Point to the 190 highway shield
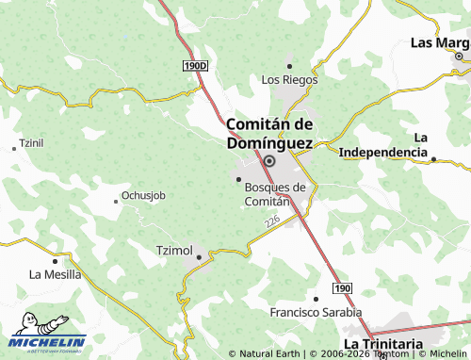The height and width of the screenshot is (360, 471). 343,287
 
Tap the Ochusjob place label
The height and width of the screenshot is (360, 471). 143,196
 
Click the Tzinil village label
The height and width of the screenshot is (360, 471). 31,143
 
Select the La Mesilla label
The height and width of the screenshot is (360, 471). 55,274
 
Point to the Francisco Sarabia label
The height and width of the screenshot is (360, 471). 316,312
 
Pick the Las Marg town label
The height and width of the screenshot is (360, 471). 440,42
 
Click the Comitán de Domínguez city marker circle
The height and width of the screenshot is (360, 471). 269,161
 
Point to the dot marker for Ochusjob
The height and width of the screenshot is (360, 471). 115,200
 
